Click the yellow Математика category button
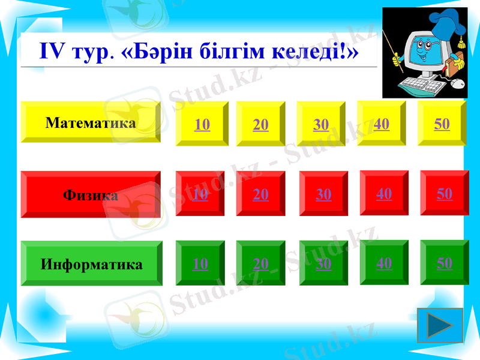click(91, 122)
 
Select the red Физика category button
click(91, 194)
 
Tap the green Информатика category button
click(92, 263)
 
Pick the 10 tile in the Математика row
click(202, 124)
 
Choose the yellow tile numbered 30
click(321, 124)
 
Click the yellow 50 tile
click(442, 124)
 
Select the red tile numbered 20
click(261, 194)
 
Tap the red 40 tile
click(384, 193)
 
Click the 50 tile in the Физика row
click(445, 193)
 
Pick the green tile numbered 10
click(200, 263)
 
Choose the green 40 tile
click(384, 263)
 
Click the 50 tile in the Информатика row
click(445, 263)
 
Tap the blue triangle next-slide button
click(440, 325)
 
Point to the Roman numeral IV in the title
click(52, 50)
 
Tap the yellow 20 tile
click(261, 124)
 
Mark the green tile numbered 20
click(261, 263)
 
